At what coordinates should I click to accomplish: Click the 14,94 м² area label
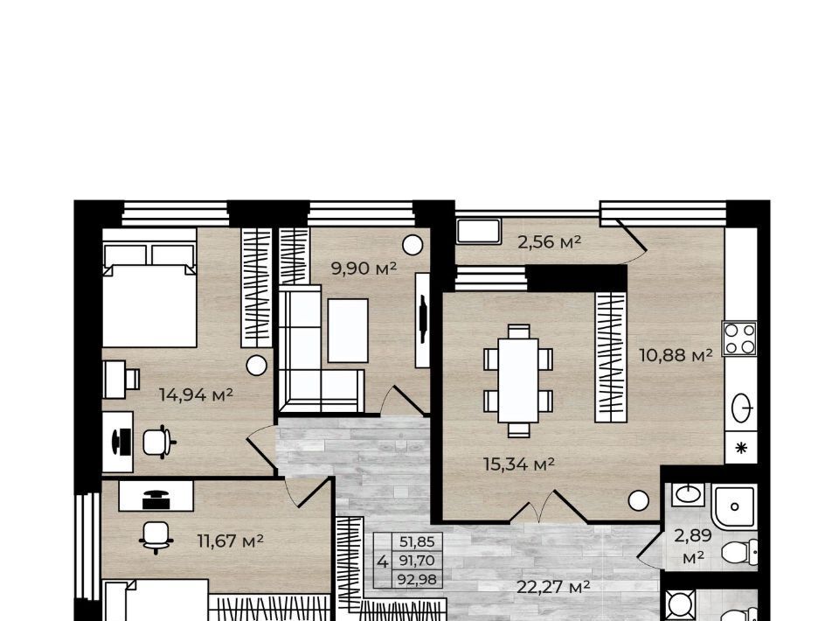196,395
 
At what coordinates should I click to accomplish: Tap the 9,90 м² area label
364,269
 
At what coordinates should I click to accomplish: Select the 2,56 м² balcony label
549,242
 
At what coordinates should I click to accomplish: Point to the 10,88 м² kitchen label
676,354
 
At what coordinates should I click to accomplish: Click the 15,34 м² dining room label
518,464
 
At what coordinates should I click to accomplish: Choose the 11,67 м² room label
230,541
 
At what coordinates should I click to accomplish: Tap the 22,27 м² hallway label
553,587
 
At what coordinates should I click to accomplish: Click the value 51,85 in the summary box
417,541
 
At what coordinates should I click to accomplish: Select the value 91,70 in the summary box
417,561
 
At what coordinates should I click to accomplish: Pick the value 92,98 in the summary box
417,579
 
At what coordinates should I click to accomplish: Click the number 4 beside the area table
382,562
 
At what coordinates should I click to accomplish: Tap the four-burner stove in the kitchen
739,338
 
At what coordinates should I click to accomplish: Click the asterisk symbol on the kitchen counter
741,448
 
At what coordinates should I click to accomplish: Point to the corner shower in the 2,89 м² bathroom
734,506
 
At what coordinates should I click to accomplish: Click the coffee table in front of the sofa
348,331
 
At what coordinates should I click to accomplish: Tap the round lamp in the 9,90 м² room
413,245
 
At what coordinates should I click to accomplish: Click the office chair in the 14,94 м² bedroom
158,443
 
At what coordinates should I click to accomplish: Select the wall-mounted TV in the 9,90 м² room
423,320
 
